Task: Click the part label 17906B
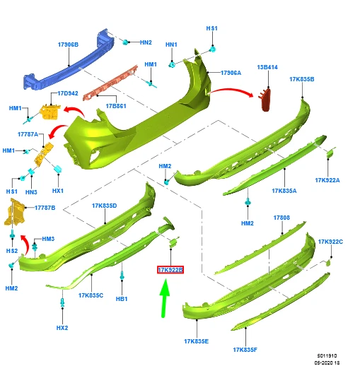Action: [x=68, y=45]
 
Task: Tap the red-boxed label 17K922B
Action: [x=170, y=270]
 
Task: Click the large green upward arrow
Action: [x=164, y=298]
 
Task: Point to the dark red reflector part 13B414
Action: [x=265, y=99]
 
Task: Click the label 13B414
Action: [x=267, y=67]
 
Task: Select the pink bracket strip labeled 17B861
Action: [x=110, y=83]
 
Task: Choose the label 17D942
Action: [x=68, y=93]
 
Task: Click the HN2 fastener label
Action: [x=146, y=42]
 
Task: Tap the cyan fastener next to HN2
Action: [x=126, y=42]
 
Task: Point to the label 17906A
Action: [x=231, y=73]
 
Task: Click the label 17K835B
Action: [x=302, y=79]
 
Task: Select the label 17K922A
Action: [x=327, y=180]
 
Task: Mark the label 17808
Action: [x=281, y=218]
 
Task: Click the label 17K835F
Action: [x=245, y=350]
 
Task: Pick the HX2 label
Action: [x=62, y=328]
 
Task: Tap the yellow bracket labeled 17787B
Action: [x=14, y=212]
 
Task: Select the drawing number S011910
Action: [x=327, y=355]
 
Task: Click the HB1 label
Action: [x=122, y=299]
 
